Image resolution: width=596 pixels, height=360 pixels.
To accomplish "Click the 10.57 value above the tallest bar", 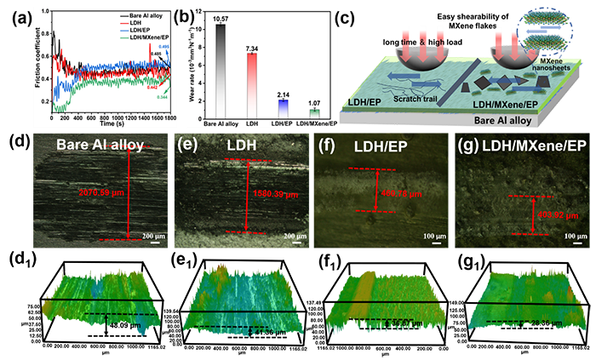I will tap(221, 18).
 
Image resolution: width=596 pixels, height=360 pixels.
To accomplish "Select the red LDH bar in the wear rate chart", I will tap(252, 85).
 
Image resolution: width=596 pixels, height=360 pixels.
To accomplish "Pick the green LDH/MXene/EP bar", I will tap(314, 111).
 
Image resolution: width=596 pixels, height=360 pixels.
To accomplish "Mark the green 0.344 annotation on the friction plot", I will tap(163, 97).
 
